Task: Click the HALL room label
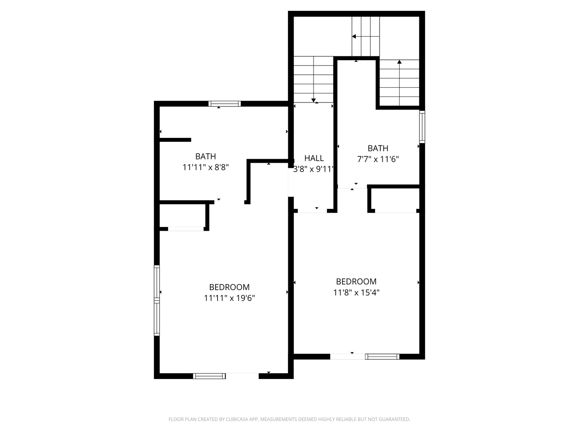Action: click(x=314, y=158)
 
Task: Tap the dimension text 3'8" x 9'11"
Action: click(x=314, y=169)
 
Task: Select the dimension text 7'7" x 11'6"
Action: click(x=378, y=159)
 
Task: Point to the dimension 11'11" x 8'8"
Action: click(x=205, y=167)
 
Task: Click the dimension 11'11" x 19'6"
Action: click(x=229, y=298)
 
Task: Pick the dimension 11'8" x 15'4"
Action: click(x=356, y=293)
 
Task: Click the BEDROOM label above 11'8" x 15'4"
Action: click(x=356, y=281)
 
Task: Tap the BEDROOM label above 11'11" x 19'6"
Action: click(x=229, y=287)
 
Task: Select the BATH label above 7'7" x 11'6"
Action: click(x=378, y=148)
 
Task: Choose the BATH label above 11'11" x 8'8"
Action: click(x=205, y=156)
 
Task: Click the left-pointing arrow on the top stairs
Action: click(x=354, y=37)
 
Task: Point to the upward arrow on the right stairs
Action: click(x=399, y=62)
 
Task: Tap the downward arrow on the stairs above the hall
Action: click(x=314, y=100)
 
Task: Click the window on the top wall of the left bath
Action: click(x=225, y=104)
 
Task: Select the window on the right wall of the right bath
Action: click(x=422, y=127)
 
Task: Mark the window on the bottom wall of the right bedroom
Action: click(x=382, y=356)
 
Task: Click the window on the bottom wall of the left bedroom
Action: click(x=209, y=376)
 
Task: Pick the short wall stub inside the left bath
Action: click(x=175, y=140)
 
